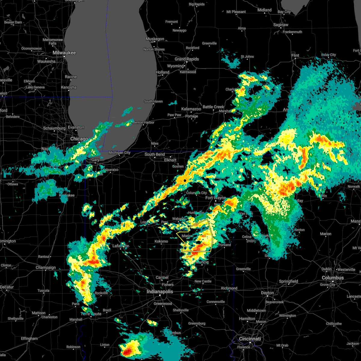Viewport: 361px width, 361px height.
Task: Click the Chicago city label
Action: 79,139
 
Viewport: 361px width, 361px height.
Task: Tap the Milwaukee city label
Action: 64,53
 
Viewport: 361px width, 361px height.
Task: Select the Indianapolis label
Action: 160,292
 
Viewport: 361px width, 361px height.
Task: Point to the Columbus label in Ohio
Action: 333,278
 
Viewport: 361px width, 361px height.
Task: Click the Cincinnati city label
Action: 250,339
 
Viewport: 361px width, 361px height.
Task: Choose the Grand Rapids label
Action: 187,59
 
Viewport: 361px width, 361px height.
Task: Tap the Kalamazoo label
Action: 191,109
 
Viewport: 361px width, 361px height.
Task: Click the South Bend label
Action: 155,154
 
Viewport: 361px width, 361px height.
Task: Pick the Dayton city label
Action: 267,293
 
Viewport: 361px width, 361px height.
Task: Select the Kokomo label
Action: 161,241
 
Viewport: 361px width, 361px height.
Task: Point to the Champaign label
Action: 46,267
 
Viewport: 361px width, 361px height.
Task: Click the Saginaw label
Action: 281,25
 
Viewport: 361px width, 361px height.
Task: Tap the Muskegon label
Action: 155,39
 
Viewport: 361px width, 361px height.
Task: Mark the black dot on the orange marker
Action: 185,180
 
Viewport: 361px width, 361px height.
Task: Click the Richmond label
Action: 229,288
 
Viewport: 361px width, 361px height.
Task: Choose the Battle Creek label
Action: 213,107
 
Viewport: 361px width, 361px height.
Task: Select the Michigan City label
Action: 119,153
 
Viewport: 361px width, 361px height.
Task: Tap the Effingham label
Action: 29,338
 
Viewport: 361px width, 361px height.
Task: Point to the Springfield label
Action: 288,281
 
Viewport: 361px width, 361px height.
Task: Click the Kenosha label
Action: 69,87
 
